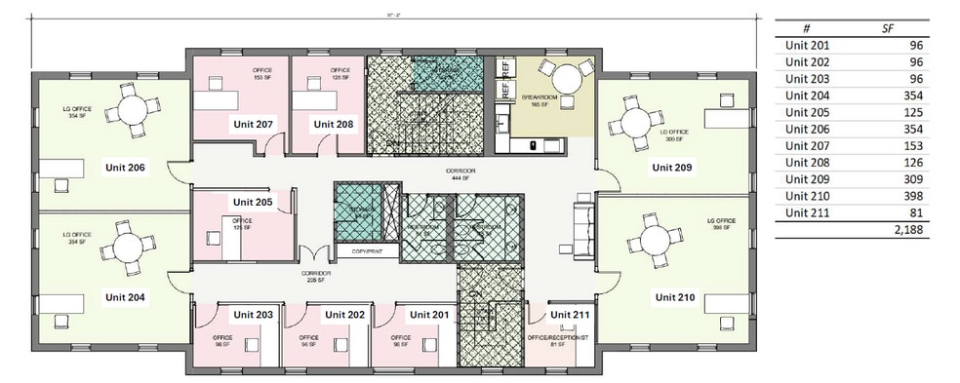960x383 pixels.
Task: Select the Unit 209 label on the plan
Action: click(671, 167)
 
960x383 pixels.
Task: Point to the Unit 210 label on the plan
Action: click(674, 296)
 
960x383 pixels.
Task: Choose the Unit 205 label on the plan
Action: click(253, 202)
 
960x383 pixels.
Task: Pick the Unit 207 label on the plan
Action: click(252, 124)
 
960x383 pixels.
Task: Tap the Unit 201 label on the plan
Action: click(429, 315)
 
